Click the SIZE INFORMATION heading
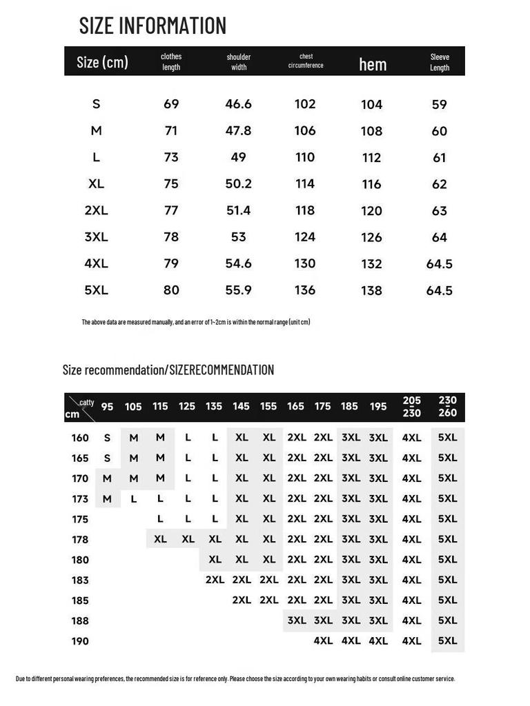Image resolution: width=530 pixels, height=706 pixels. coord(153,26)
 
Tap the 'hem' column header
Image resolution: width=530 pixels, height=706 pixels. coord(373,64)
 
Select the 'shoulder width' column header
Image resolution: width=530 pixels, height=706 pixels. coord(239,62)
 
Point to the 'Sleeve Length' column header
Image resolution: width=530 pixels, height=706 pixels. coord(440,62)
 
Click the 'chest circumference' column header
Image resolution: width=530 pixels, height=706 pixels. coord(306,61)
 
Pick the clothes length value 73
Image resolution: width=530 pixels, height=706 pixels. coord(171,157)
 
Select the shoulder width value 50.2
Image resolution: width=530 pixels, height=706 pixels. coord(239,184)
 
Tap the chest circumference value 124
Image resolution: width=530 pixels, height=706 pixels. coord(305,237)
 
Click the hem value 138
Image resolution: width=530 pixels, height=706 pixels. coord(371,291)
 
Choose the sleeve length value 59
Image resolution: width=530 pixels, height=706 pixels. coord(440,105)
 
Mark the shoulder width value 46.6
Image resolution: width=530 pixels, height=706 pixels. coord(239,104)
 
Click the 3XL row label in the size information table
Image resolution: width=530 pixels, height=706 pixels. coord(96,237)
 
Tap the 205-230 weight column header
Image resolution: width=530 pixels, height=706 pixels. coord(411,407)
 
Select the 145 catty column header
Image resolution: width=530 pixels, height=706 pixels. coord(241,407)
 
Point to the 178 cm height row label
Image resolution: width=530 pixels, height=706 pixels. coord(80,539)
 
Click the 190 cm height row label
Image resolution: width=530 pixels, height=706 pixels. coord(80,641)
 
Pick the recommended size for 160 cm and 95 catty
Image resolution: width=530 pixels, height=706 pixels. coord(107,438)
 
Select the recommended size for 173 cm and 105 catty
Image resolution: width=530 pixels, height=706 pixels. coord(134,498)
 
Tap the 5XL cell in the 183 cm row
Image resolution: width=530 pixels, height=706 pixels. coord(447,580)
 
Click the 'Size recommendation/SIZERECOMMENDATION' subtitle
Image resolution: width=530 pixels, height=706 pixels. coord(168,370)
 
